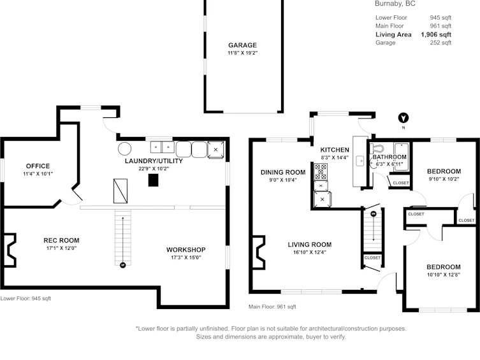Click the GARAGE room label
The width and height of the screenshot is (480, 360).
tap(242, 45)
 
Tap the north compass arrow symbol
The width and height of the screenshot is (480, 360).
tap(404, 118)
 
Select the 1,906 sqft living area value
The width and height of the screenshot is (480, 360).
tap(436, 34)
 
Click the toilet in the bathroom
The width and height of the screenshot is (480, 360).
tap(377, 149)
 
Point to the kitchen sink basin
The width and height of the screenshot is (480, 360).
tap(360, 161)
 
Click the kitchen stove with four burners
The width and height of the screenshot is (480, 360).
tap(321, 171)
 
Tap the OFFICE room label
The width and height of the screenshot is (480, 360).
tap(38, 166)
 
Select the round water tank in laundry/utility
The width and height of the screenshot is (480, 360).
tap(124, 149)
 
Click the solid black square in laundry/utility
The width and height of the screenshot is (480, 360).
tap(154, 180)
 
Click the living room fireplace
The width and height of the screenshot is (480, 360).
tap(258, 252)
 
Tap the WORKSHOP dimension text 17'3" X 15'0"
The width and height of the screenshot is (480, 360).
tap(185, 257)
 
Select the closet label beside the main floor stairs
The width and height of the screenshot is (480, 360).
tap(372, 258)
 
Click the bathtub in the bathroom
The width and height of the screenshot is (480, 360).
tap(402, 156)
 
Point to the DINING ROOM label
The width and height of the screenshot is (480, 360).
tap(283, 173)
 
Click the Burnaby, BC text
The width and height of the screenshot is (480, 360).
tap(395, 4)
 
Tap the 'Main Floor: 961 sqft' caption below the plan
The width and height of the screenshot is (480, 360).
tap(272, 306)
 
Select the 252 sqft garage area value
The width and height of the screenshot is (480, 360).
tap(440, 43)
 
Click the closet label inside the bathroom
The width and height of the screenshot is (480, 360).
tap(401, 183)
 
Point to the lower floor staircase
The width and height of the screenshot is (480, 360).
tap(123, 238)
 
